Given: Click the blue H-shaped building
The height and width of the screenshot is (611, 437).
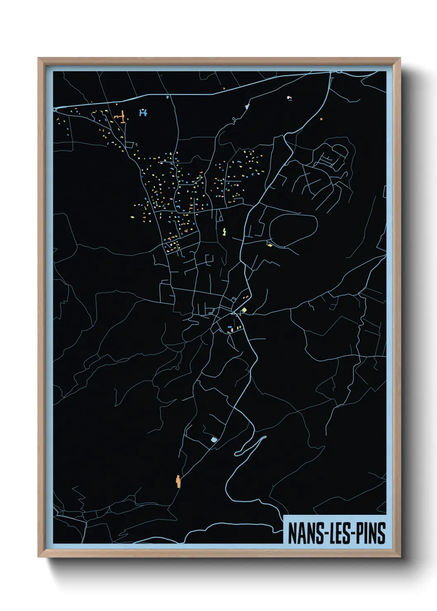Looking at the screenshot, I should coord(143,112).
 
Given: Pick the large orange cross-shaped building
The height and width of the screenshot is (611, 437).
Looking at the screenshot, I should coord(121,116).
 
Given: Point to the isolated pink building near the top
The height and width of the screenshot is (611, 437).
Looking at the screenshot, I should coord(289,98).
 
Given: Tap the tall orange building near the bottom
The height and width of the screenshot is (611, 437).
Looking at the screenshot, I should coord(178,481).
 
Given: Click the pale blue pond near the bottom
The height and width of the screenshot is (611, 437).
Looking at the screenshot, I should coord(214,440).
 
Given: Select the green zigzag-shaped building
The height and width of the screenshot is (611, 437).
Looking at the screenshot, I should coord(224,232).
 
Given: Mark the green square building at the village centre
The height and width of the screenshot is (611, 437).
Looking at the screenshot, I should coord(244,310).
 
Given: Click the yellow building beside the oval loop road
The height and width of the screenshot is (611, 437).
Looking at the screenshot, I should coord(270,245).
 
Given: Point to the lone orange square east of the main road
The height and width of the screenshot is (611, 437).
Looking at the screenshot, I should coord(321,119).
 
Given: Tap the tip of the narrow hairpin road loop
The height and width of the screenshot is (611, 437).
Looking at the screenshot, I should coord(263,438).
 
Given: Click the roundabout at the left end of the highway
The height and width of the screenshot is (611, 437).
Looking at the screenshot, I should coord(55,110).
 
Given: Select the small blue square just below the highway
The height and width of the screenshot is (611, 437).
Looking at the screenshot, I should coord(167,97).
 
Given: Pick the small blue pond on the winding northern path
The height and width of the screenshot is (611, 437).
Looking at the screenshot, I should coord(247,107).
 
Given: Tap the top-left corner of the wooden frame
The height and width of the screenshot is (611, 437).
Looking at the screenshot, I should coord(38,58).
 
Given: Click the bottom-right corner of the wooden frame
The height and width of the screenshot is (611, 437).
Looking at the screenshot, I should coord(400,557).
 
